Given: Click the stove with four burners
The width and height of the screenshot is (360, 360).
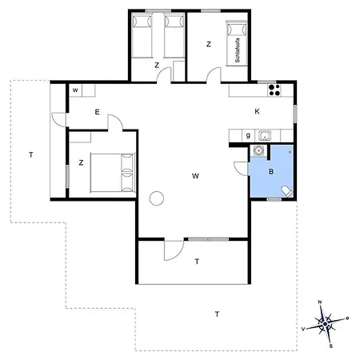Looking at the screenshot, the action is tap(274, 90).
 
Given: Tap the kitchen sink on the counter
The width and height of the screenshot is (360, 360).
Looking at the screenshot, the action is tap(265, 136).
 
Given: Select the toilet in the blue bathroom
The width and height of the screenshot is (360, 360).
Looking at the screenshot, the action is tap(287, 191).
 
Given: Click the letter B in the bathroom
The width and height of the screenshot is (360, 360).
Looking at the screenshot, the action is tap(271, 171).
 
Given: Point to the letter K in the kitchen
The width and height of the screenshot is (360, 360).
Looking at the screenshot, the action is tap(257, 111).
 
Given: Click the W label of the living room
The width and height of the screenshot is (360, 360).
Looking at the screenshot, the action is tap(195, 176).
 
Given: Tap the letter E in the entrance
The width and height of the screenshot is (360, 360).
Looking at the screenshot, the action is tap(97, 112).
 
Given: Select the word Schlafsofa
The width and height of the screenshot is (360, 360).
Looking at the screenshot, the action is tap(238, 50).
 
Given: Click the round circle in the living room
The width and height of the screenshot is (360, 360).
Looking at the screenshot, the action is tap(157, 198).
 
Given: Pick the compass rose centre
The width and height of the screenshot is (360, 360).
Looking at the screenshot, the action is tap(325, 324).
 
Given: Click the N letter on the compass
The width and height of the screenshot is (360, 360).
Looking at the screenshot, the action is tap(320, 302).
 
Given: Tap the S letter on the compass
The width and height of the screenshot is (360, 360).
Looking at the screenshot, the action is tap(331, 346).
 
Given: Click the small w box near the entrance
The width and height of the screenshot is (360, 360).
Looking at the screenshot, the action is tap(75, 90).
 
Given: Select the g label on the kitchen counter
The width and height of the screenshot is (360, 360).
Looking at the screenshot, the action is tap(248, 135).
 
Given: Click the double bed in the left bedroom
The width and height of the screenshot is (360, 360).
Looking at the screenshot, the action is tap(113, 173).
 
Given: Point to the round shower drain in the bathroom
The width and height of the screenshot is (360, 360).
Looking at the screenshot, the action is tap(290, 152).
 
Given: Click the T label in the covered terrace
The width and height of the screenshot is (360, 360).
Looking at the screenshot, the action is tap(197, 262).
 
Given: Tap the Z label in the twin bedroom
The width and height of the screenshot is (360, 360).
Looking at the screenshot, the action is tap(157, 65).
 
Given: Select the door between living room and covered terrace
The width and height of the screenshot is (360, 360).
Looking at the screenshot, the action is tap(174, 250).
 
